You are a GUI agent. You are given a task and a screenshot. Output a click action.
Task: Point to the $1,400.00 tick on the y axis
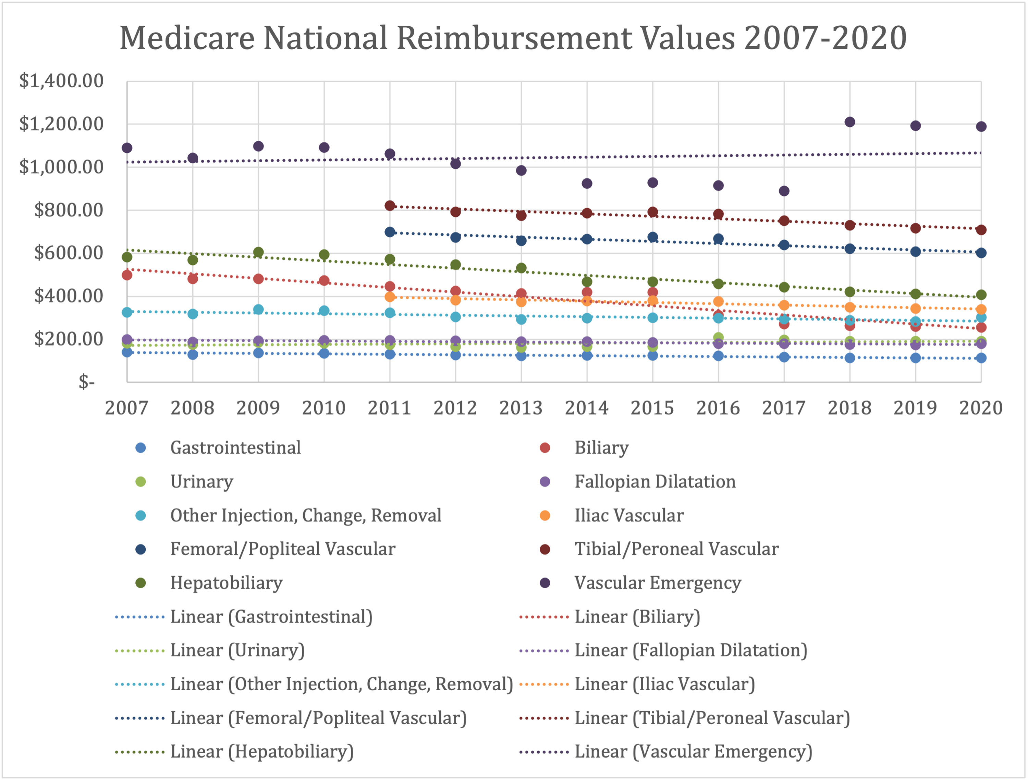click(61, 81)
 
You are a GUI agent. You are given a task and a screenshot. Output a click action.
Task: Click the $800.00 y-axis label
click(69, 210)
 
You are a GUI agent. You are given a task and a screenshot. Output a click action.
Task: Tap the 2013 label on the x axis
click(521, 408)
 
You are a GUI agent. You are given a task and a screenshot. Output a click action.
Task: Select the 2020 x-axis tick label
click(981, 408)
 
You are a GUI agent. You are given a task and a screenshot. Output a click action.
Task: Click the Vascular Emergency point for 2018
click(850, 122)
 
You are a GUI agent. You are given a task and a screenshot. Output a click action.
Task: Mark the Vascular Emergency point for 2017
click(784, 191)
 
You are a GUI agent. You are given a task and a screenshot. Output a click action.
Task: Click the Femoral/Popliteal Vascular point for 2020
click(981, 253)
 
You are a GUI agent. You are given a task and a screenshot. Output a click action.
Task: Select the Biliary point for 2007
click(127, 275)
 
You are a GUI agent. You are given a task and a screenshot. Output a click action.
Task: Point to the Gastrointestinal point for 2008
click(193, 354)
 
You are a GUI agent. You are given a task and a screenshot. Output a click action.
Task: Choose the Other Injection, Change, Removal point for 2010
click(325, 311)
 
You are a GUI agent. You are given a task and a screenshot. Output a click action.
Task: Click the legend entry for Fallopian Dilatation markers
click(655, 481)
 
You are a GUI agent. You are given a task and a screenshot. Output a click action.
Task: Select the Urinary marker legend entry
click(201, 481)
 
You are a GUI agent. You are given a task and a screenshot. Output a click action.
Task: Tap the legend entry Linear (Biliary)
click(637, 617)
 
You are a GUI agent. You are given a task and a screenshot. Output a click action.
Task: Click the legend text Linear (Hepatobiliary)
click(262, 752)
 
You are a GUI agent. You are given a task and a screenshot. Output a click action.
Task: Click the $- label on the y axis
click(86, 382)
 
